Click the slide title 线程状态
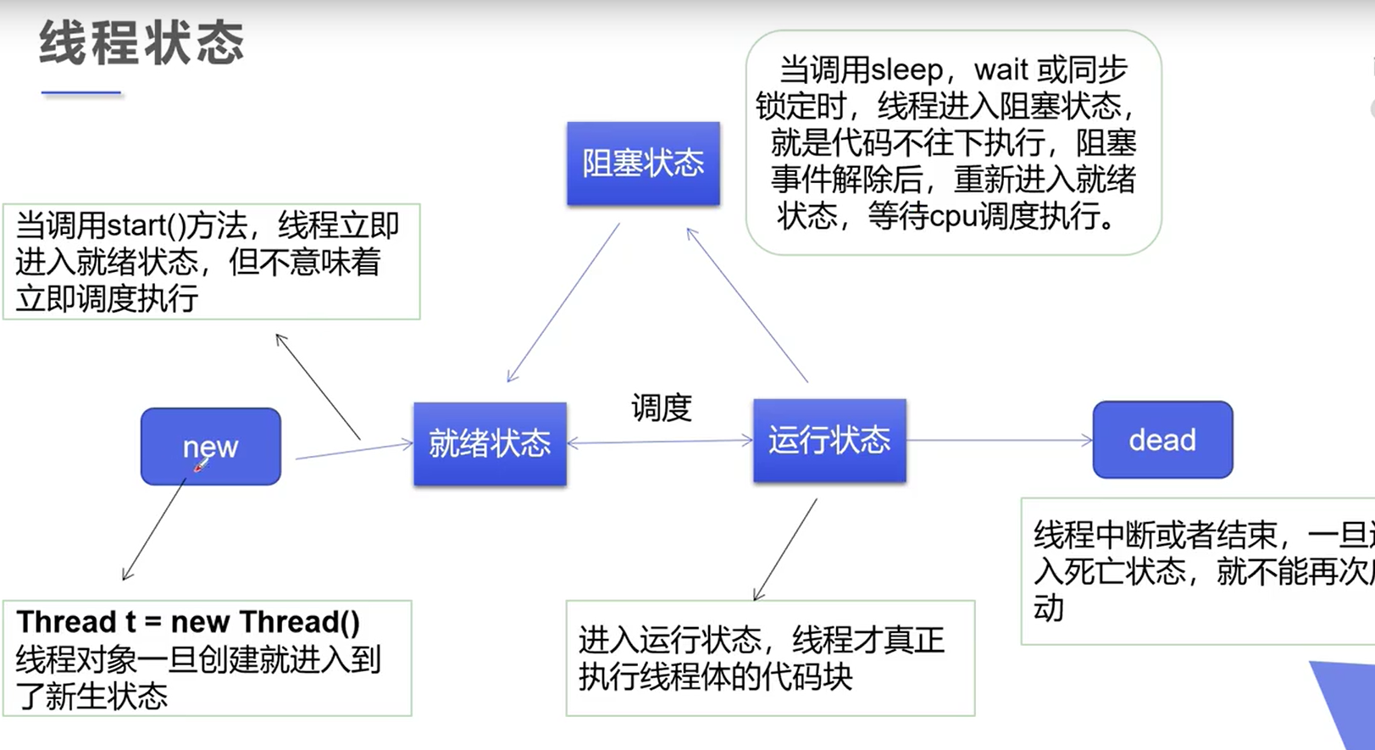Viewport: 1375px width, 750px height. (x=141, y=44)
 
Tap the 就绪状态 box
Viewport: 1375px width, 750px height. (x=490, y=443)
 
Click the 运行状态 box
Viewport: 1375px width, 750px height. (x=829, y=441)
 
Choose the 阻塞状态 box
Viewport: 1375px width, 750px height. (x=643, y=164)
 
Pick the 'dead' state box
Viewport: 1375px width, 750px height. (x=1162, y=440)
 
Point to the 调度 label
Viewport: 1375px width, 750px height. (x=662, y=408)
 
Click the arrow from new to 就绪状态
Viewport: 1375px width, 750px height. (x=354, y=450)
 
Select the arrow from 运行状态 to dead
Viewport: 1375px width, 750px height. (x=1000, y=440)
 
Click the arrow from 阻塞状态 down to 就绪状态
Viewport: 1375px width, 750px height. (x=563, y=303)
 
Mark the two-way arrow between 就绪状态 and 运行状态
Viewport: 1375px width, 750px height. (x=660, y=442)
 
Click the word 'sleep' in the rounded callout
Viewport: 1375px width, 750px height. (x=907, y=69)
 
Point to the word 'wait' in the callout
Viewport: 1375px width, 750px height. (x=1001, y=69)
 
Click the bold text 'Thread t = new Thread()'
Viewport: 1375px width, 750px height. (x=188, y=622)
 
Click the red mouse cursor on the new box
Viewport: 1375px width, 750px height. (x=200, y=465)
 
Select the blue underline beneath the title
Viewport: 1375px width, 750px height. (x=81, y=92)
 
